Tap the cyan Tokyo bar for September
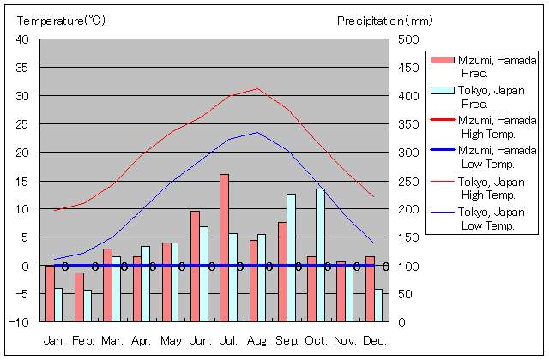pyautogui.click(x=291, y=257)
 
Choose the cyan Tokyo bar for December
pyautogui.click(x=378, y=305)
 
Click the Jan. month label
pyautogui.click(x=54, y=341)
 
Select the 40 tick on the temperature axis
pyautogui.click(x=23, y=39)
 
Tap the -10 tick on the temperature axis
pyautogui.click(x=21, y=322)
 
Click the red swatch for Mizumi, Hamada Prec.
pyautogui.click(x=441, y=60)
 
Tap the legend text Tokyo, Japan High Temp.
pyautogui.click(x=492, y=189)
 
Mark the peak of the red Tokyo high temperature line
pyautogui.click(x=256, y=88)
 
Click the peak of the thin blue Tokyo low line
pyautogui.click(x=256, y=132)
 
